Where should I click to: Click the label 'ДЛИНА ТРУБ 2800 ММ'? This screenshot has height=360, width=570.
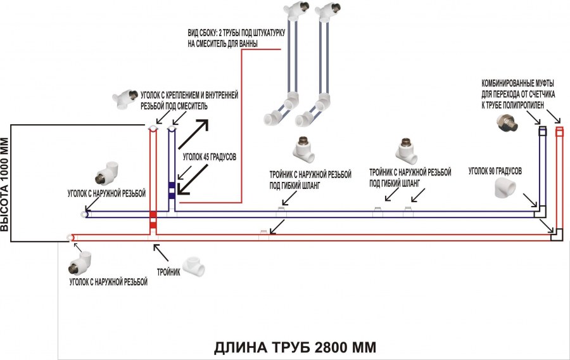tap(294, 348)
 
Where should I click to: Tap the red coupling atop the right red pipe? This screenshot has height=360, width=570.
tap(559, 132)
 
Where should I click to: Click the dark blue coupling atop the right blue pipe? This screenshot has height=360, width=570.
tap(543, 131)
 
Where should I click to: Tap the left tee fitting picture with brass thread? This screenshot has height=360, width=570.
tap(305, 149)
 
